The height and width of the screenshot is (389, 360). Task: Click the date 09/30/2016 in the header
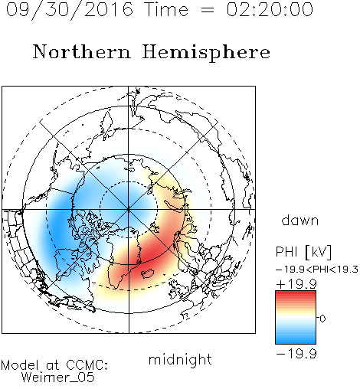click(x=70, y=10)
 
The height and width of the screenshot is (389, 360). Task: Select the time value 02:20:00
click(x=270, y=9)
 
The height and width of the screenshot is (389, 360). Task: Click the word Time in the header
click(x=166, y=9)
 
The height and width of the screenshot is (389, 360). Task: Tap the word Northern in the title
click(x=81, y=51)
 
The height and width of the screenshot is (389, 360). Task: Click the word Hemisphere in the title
click(x=206, y=53)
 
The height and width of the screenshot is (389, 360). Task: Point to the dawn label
click(x=300, y=220)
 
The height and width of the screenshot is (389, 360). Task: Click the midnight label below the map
click(x=180, y=360)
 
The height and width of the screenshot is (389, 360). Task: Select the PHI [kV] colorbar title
click(x=303, y=252)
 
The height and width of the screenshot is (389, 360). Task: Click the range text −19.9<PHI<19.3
click(x=317, y=270)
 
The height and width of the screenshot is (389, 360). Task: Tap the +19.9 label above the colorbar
click(x=296, y=284)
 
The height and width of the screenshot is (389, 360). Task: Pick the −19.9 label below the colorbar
click(x=296, y=354)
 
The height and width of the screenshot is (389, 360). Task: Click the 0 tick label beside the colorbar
click(x=322, y=319)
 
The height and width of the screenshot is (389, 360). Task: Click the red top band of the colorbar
click(x=296, y=294)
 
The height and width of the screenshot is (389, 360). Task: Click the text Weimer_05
click(x=58, y=378)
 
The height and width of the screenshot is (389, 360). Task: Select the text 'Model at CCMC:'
click(x=54, y=365)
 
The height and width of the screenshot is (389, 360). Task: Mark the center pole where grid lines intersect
click(x=129, y=210)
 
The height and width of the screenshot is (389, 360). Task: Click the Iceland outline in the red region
click(x=148, y=273)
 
